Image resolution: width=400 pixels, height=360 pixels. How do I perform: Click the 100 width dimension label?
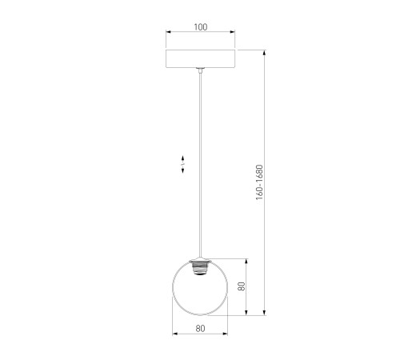(201, 27)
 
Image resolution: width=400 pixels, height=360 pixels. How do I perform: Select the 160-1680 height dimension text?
(259, 182)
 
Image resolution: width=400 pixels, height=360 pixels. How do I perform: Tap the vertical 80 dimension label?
(242, 286)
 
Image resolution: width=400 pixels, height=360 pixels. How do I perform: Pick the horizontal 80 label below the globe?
(200, 329)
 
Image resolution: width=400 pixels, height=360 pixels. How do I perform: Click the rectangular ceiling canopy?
(201, 58)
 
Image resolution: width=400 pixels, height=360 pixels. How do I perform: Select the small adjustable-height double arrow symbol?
(182, 164)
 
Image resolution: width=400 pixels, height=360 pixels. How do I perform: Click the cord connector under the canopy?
(200, 70)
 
